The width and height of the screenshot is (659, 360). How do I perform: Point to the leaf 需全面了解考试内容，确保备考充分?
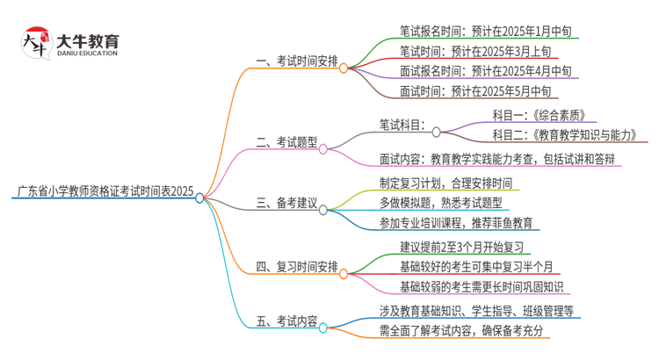(x=461, y=330)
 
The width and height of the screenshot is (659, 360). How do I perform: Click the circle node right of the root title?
(x=199, y=198)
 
